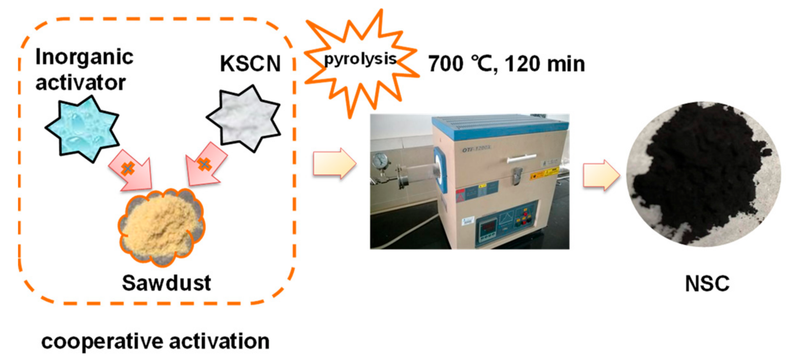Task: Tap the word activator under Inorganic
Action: pos(81,83)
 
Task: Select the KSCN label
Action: pos(250,64)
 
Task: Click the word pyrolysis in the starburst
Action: pos(360,59)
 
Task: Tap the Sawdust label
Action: pos(166,283)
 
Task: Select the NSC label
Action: pos(707,284)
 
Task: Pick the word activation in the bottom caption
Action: pos(219,341)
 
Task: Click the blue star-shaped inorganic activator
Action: pos(82,129)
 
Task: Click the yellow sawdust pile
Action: pos(161,226)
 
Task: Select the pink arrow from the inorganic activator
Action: pos(132,171)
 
